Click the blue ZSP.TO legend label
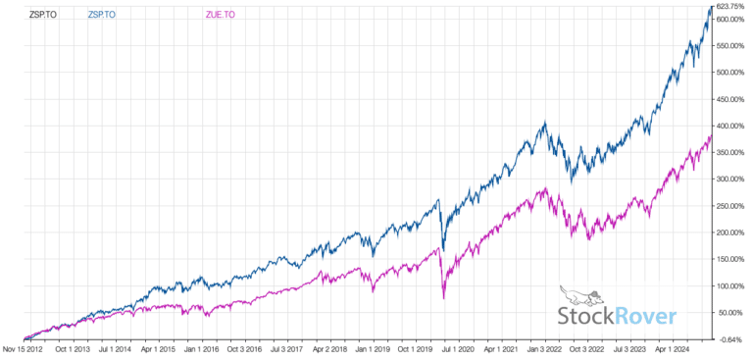pyautogui.click(x=101, y=16)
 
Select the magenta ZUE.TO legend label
pyautogui.click(x=220, y=16)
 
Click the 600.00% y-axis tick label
pyautogui.click(x=732, y=19)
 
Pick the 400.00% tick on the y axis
pyautogui.click(x=732, y=126)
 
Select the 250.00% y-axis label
pyautogui.click(x=732, y=206)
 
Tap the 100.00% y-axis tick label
pyautogui.click(x=732, y=286)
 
